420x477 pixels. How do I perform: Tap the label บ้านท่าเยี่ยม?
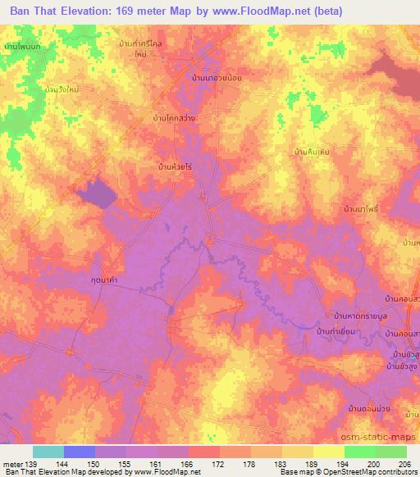point(340,331)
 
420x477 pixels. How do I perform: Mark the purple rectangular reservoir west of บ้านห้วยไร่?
point(96,193)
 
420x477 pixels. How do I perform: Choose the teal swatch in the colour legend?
point(48,452)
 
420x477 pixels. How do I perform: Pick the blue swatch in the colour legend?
point(80,452)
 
